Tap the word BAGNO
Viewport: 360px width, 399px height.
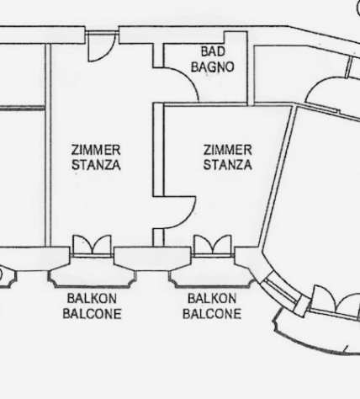[x=212, y=67]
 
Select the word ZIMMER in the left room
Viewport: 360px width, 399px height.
[x=96, y=150]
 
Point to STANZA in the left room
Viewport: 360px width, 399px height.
[x=96, y=165]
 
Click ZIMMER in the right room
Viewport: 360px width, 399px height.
[x=227, y=150]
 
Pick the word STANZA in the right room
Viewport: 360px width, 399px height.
[x=227, y=165]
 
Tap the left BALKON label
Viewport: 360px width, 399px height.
[x=92, y=298]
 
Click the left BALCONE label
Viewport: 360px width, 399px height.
[x=92, y=314]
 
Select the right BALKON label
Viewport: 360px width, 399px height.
[x=212, y=298]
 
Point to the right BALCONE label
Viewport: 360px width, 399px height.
[x=212, y=314]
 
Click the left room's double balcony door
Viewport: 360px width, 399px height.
[x=92, y=245]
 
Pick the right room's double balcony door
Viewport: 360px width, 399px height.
[x=213, y=245]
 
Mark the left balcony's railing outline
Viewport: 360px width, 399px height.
[x=92, y=286]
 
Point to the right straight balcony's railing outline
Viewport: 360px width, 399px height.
[x=212, y=286]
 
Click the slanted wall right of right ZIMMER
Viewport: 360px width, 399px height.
[x=276, y=176]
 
